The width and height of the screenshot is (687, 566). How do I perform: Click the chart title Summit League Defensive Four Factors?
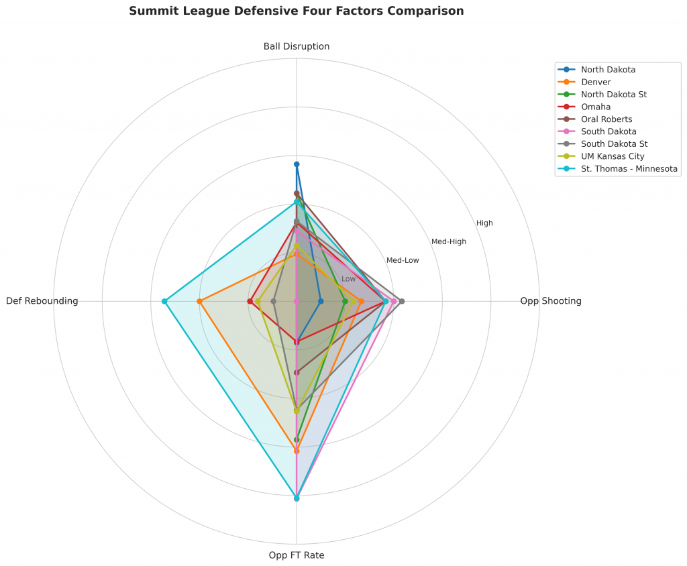[296, 11]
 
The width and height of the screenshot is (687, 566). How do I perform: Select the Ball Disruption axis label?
[297, 46]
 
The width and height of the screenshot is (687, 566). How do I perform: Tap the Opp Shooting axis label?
[551, 301]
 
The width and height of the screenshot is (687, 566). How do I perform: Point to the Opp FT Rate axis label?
[297, 555]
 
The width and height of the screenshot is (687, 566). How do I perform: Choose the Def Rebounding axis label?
[42, 301]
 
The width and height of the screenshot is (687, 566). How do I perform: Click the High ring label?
[484, 223]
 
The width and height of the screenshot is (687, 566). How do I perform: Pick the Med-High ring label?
[449, 241]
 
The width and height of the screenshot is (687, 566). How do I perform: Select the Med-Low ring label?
[403, 260]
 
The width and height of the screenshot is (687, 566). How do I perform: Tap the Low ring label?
[349, 279]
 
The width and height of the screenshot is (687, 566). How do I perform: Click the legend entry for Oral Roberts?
[606, 119]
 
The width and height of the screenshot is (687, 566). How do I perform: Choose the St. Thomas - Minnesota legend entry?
[629, 168]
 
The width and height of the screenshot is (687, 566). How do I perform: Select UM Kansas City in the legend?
[613, 156]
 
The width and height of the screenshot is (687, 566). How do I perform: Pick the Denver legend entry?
[596, 82]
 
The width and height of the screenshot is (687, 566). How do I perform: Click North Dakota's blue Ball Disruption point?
[297, 164]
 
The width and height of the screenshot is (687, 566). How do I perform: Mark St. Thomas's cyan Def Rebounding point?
[164, 301]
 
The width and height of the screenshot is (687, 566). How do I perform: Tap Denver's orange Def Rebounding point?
[199, 301]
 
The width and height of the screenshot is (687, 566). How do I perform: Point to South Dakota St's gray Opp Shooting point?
[401, 301]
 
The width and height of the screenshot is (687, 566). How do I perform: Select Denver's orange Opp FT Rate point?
[297, 451]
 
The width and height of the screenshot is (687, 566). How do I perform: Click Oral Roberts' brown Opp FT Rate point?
[297, 372]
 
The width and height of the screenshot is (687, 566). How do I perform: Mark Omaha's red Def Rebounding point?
[249, 301]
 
